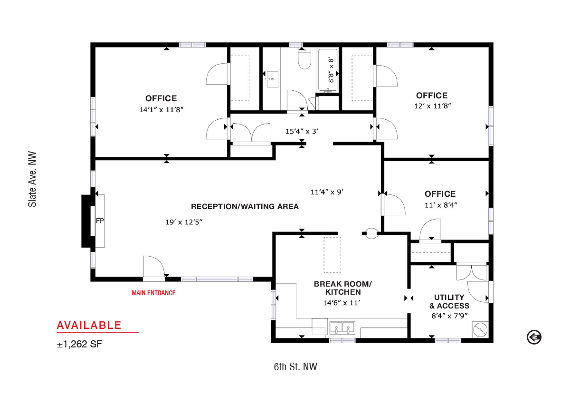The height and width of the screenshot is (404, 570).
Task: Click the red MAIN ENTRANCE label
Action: pos(153,293)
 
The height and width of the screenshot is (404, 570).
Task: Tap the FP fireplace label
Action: pos(100,221)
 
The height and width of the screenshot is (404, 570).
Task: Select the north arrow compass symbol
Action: pos(534,337)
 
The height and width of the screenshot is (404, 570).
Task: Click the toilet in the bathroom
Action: pos(304,58)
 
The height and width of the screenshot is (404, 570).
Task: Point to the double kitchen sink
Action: pos(342,327)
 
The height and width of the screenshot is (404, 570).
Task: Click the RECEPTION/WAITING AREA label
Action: pos(245,206)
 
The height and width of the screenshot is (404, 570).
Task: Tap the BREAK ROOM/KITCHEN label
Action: pos(343,288)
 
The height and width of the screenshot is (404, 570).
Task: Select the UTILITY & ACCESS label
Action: pos(449,301)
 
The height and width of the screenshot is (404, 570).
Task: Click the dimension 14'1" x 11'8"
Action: pos(161,110)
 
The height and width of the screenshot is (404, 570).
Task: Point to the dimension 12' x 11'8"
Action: pos(433,106)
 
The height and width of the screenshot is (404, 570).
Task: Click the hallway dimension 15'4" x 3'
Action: pos(302,131)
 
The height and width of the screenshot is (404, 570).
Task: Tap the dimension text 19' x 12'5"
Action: pos(184,222)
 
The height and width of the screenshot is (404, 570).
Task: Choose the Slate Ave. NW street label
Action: pos(32,180)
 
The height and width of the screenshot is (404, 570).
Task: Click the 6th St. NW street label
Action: pos(295,367)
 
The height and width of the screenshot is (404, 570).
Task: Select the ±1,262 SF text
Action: pos(79,344)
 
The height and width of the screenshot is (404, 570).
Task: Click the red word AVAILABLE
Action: pos(89,325)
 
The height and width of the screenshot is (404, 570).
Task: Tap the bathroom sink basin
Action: pos(272,79)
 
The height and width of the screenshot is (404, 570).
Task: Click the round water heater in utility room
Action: pos(480,330)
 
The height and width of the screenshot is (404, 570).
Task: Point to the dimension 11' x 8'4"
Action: pos(441,205)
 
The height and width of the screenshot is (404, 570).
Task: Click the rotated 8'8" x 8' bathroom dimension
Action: pos(331,70)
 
